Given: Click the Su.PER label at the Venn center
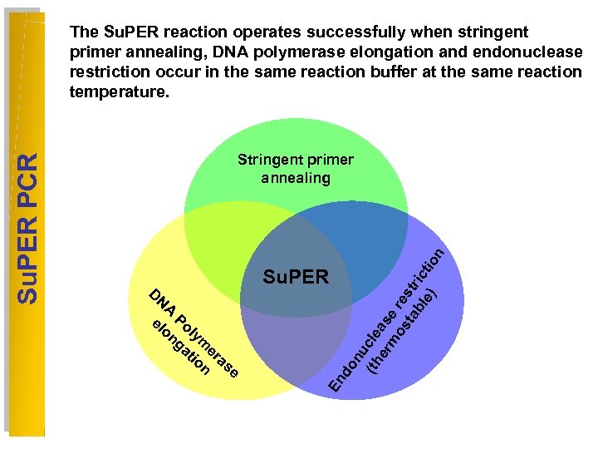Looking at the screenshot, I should [296, 277].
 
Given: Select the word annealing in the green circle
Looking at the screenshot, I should [295, 178].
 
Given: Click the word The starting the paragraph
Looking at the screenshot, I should [85, 32].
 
